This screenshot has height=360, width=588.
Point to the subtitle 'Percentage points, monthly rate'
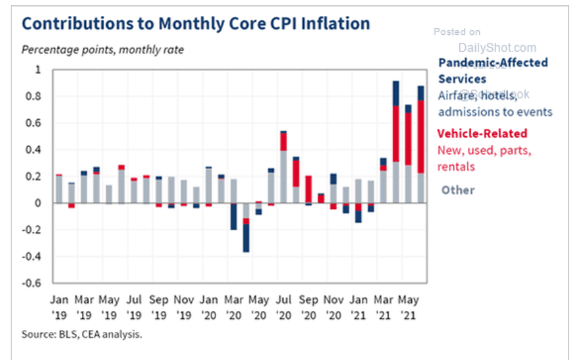(x=103, y=50)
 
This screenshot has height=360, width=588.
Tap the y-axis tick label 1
(x=38, y=70)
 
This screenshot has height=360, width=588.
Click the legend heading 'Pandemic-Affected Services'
(x=493, y=70)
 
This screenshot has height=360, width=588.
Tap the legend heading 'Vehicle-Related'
(x=482, y=133)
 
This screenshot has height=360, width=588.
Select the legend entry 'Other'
(x=458, y=190)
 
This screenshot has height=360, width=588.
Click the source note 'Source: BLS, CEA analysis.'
(x=82, y=333)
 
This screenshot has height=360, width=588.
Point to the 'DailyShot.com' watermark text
(x=497, y=48)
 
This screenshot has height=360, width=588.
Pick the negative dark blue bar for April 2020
(x=247, y=237)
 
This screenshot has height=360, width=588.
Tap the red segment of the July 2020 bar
(x=284, y=141)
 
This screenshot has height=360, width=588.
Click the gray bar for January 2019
(x=59, y=189)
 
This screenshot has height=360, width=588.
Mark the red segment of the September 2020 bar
(x=308, y=188)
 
